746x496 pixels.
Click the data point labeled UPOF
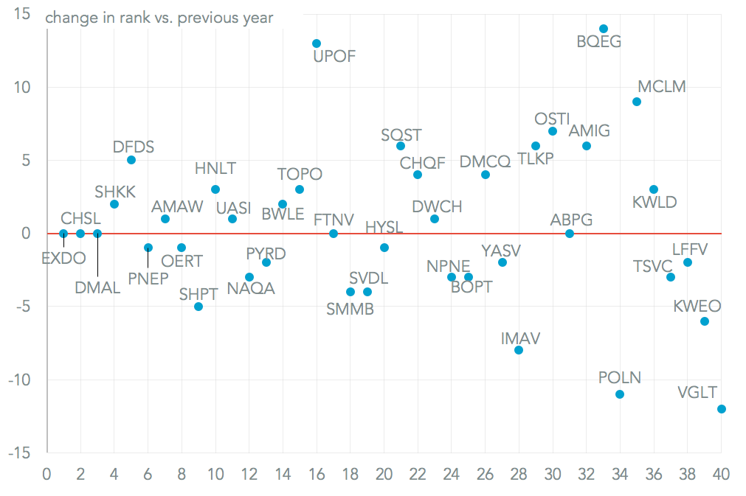[317, 43]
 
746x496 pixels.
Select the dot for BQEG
[604, 29]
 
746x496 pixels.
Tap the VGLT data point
[722, 409]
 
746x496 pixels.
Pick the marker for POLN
[620, 394]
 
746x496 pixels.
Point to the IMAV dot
[519, 350]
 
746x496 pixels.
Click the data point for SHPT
[198, 307]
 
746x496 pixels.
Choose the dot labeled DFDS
[131, 160]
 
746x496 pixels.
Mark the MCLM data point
[637, 102]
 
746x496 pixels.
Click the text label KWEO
[697, 306]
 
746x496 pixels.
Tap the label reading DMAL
[97, 288]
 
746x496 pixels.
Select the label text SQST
[401, 135]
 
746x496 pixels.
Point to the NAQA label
[251, 288]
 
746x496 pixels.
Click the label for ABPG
[571, 220]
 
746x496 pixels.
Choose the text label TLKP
[536, 158]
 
